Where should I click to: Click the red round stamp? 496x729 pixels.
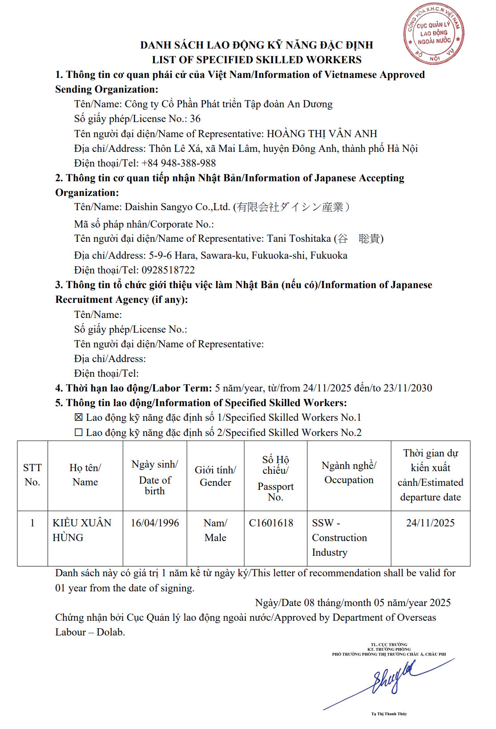[x=434, y=34]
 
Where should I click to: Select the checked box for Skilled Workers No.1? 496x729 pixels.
[x=79, y=418]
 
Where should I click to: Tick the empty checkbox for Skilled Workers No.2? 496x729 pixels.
[x=79, y=432]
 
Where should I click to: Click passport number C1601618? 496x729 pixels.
[x=271, y=523]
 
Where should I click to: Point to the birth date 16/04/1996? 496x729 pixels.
[x=155, y=523]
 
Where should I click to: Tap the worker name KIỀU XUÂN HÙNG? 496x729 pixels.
[x=82, y=530]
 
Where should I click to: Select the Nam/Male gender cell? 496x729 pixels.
[x=215, y=530]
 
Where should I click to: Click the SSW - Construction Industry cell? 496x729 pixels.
[x=339, y=538]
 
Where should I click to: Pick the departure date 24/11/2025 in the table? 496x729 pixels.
[x=430, y=523]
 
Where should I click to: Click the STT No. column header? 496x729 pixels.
[x=32, y=475]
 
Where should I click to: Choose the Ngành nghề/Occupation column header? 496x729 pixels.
[x=349, y=472]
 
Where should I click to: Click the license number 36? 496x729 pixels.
[x=195, y=119]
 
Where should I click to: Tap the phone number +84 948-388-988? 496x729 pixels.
[x=178, y=163]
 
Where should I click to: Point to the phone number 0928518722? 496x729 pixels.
[x=168, y=270]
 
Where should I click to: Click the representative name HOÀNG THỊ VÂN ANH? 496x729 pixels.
[x=322, y=134]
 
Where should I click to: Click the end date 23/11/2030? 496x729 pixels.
[x=407, y=388]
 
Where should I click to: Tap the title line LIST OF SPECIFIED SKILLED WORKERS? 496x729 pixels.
[x=257, y=60]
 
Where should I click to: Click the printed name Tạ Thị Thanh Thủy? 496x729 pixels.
[x=389, y=714]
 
